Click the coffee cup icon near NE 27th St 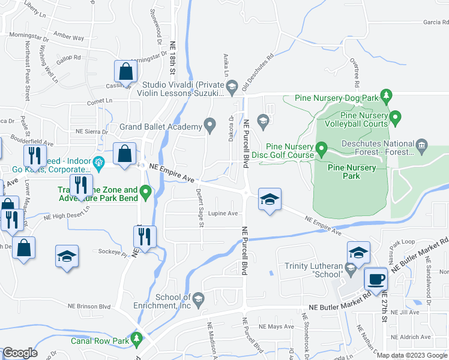click(376, 280)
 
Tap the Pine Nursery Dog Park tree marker click(387, 95)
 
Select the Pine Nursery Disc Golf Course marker click(321, 147)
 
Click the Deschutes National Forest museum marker click(421, 145)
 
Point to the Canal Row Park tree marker click(137, 340)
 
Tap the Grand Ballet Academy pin click(209, 125)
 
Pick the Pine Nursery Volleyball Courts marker click(395, 116)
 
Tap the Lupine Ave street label click(223, 213)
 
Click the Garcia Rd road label click(436, 22)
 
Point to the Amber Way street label click(69, 37)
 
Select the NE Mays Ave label click(276, 326)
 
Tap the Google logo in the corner click(20, 353)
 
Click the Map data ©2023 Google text click(411, 355)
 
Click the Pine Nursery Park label click(352, 172)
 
